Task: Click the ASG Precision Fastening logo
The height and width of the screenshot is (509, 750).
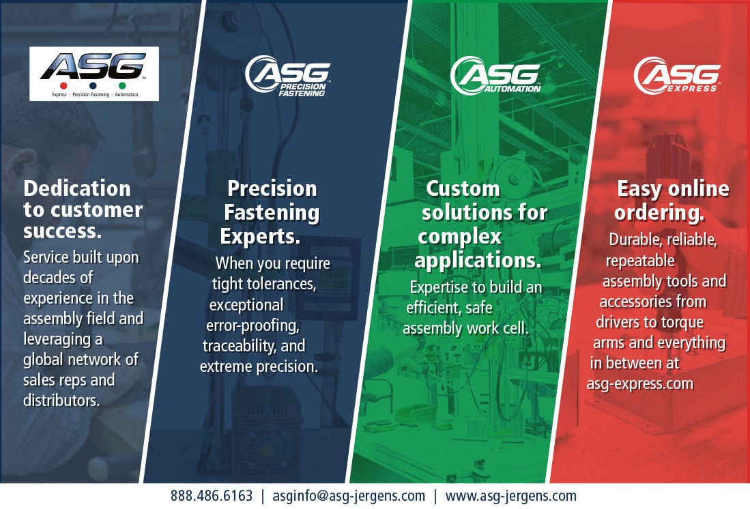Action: (x=287, y=76)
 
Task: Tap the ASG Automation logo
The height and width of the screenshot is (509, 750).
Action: (x=495, y=75)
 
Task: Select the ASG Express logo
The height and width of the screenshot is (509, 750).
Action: (x=677, y=75)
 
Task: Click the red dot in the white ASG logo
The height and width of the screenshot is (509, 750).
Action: (x=63, y=86)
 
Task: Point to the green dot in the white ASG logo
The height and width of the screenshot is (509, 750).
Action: (x=122, y=86)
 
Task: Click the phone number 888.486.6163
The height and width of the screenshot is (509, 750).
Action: (x=212, y=496)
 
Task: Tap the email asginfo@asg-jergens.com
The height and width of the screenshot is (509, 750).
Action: (x=349, y=496)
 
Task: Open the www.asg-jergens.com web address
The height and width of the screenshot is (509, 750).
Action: (x=511, y=496)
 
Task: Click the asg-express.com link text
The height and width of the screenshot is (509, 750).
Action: (x=640, y=383)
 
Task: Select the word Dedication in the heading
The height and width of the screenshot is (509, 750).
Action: (x=77, y=188)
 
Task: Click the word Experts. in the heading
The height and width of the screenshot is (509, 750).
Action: (x=260, y=236)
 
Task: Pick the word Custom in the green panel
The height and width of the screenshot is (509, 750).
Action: (x=463, y=188)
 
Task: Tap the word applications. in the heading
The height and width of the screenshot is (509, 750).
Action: (x=478, y=261)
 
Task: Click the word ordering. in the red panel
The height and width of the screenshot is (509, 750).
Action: (x=659, y=213)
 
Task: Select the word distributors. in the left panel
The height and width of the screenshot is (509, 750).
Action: (x=61, y=401)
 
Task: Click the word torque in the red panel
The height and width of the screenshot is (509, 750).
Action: (x=680, y=323)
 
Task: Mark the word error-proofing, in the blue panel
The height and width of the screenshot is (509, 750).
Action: (x=253, y=325)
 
